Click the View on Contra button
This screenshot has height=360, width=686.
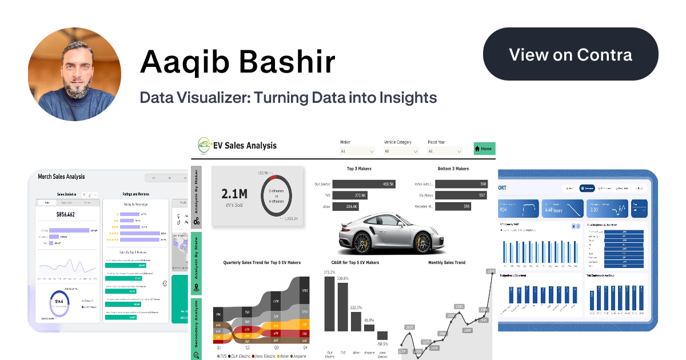[571, 55]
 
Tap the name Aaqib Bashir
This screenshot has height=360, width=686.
[237, 62]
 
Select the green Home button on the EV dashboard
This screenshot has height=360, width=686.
[484, 149]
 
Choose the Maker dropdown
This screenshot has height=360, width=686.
[357, 151]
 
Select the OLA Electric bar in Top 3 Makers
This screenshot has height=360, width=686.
[364, 184]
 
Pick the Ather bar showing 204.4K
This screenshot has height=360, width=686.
[346, 206]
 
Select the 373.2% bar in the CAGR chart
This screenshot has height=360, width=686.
[329, 303]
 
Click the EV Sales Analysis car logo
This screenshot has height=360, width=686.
[203, 145]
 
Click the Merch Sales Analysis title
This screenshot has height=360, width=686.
[61, 177]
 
